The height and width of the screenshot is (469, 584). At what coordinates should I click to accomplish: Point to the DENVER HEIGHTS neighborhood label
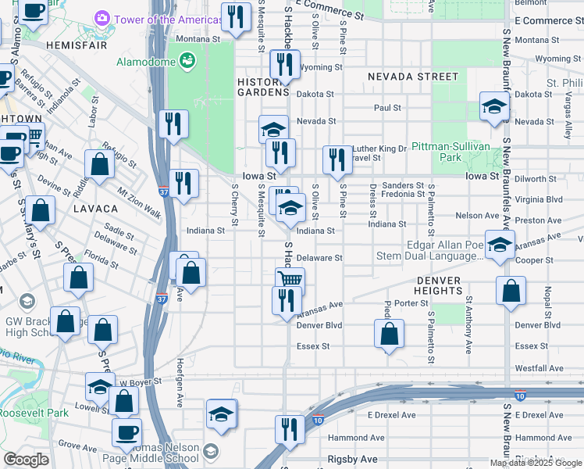pyautogui.click(x=440, y=285)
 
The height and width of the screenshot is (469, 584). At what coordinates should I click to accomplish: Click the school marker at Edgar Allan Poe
pyautogui.click(x=500, y=244)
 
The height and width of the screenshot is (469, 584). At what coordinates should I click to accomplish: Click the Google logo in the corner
pyautogui.click(x=26, y=460)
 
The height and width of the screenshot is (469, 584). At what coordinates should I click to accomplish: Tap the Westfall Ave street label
pyautogui.click(x=539, y=368)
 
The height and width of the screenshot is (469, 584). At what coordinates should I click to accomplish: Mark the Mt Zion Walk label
pyautogui.click(x=140, y=192)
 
